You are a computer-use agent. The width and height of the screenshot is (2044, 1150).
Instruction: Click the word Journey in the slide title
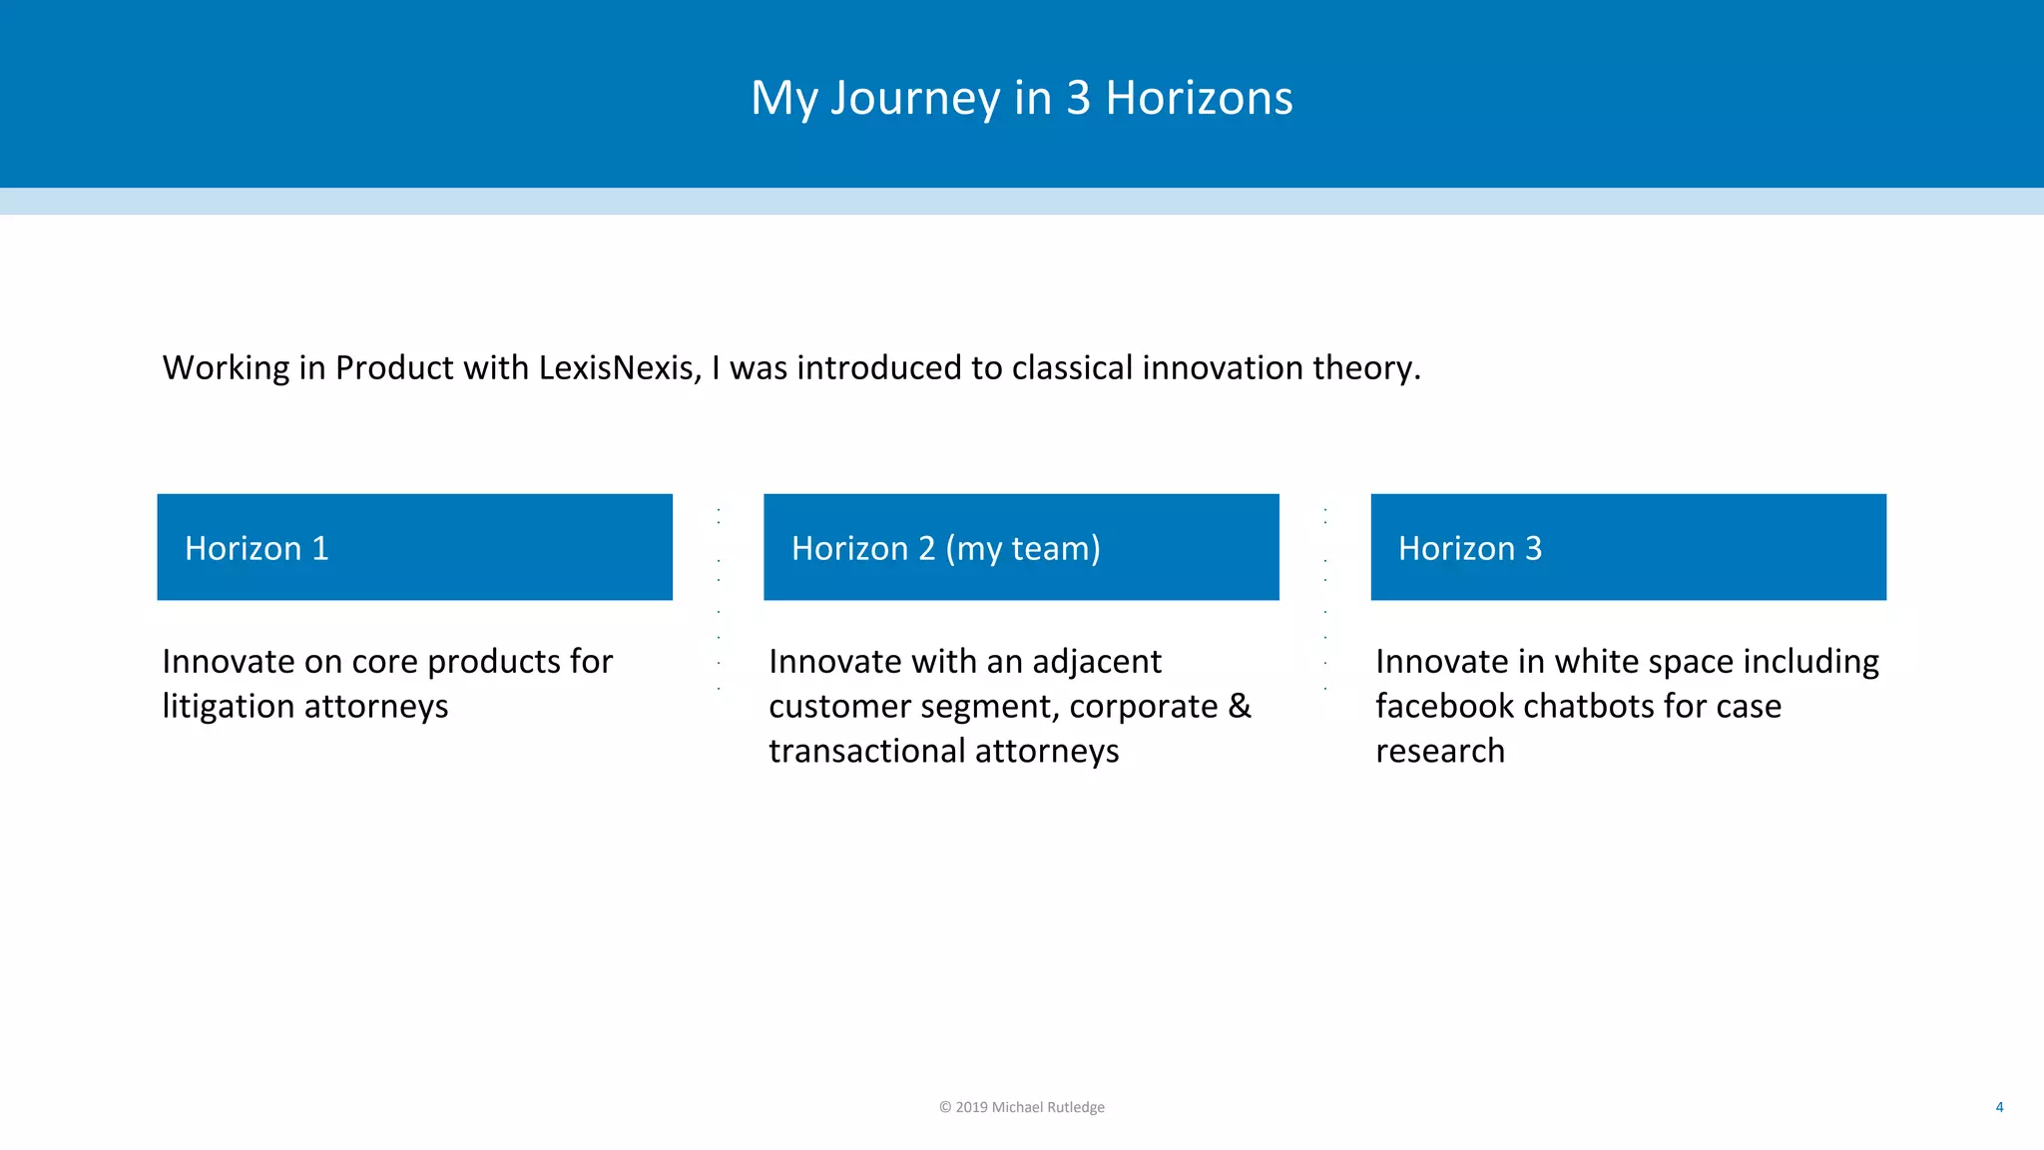tap(915, 99)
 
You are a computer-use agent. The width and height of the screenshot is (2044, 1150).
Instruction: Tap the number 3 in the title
tap(1077, 98)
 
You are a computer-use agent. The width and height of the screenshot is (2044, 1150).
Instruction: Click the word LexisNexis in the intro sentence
tap(620, 368)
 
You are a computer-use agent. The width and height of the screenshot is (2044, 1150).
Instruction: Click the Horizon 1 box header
tap(414, 547)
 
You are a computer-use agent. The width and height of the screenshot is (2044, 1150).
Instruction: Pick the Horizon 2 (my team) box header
tap(1021, 547)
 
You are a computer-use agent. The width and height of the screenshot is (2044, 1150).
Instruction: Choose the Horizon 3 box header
tap(1628, 547)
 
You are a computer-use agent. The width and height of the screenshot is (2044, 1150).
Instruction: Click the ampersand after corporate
tap(1239, 706)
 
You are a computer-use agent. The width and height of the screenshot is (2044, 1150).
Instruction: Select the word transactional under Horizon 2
tap(866, 751)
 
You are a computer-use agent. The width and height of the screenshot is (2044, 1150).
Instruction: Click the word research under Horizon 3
tap(1439, 751)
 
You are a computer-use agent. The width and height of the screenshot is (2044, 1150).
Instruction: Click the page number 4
tap(1999, 1107)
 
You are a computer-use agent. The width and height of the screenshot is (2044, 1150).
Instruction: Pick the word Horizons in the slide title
tap(1199, 98)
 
